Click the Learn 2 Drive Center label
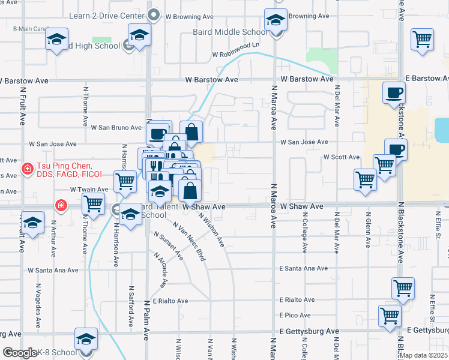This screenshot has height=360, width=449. [x=107, y=14]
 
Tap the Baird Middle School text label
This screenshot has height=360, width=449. [x=230, y=32]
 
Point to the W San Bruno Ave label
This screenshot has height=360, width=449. [x=115, y=128]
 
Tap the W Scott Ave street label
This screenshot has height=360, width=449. [x=341, y=157]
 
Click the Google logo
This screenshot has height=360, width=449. [x=20, y=353]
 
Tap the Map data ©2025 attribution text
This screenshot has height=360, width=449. [x=423, y=355]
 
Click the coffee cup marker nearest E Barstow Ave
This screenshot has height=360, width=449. [x=393, y=94]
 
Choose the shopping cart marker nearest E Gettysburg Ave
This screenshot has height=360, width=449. [x=390, y=315]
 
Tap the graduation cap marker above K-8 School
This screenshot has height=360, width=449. [x=86, y=340]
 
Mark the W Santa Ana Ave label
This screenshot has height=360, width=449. [x=53, y=271]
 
